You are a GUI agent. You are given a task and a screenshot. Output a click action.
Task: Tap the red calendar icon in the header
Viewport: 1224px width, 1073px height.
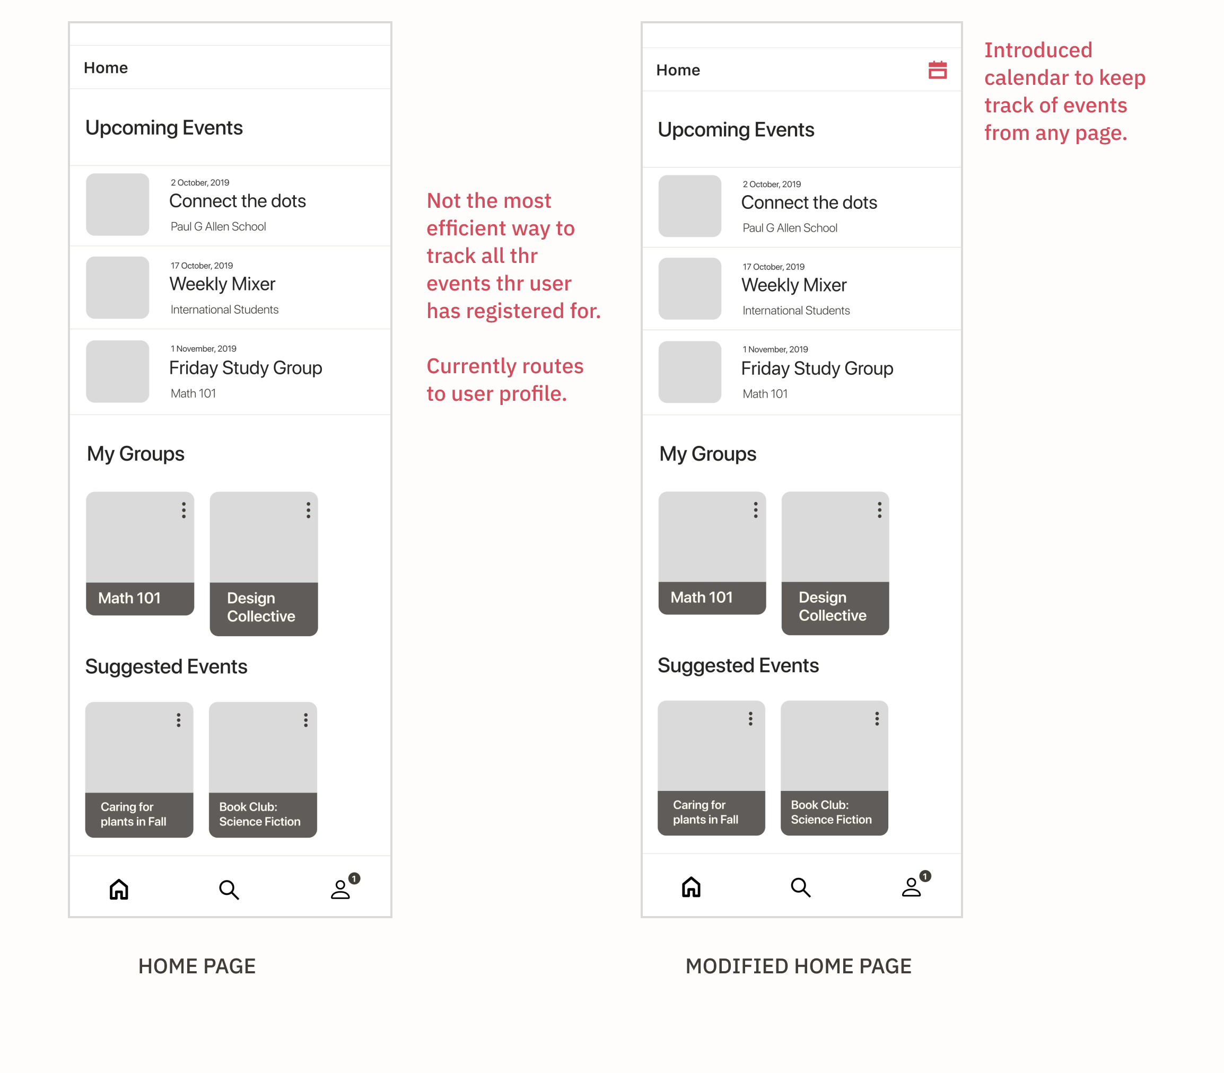point(937,70)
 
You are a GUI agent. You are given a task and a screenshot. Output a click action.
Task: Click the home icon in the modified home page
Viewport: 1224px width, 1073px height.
point(691,887)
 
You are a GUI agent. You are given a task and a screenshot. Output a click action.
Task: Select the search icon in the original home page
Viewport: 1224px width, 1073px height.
point(229,890)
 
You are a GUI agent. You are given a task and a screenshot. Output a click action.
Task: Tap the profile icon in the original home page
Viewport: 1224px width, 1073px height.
point(340,889)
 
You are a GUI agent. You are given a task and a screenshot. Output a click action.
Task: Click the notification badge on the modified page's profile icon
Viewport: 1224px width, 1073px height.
point(925,876)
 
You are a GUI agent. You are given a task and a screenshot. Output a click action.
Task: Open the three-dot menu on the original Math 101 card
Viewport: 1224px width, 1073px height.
point(184,510)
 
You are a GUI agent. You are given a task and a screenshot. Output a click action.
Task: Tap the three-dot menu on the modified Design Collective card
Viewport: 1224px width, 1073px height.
point(880,509)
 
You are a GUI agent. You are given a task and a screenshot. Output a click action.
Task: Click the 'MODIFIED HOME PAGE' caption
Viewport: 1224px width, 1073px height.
point(798,966)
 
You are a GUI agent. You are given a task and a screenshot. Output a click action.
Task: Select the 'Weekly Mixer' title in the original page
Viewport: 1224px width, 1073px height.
point(222,284)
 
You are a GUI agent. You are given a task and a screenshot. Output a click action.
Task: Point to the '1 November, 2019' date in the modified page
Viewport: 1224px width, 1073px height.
point(775,349)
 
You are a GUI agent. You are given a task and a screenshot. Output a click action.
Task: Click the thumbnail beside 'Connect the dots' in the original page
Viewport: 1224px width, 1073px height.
point(117,204)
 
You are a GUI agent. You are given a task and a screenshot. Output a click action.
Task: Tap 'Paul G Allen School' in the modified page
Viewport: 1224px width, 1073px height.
point(790,228)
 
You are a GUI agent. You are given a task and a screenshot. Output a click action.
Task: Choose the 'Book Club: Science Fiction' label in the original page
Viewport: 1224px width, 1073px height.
point(260,814)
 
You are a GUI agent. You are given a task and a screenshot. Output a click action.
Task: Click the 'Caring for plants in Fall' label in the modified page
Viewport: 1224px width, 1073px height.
point(705,812)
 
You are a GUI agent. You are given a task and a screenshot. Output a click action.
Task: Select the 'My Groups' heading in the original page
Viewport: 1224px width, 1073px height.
point(135,454)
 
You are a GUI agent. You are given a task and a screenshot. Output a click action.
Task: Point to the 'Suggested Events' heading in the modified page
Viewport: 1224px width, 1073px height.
point(738,665)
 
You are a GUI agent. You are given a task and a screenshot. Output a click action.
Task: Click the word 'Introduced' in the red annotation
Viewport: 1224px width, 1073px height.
point(1038,50)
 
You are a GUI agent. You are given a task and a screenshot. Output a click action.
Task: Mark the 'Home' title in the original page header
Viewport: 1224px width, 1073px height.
point(106,68)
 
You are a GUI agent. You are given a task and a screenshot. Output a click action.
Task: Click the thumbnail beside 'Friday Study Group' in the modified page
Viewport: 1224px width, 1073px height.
point(690,372)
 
